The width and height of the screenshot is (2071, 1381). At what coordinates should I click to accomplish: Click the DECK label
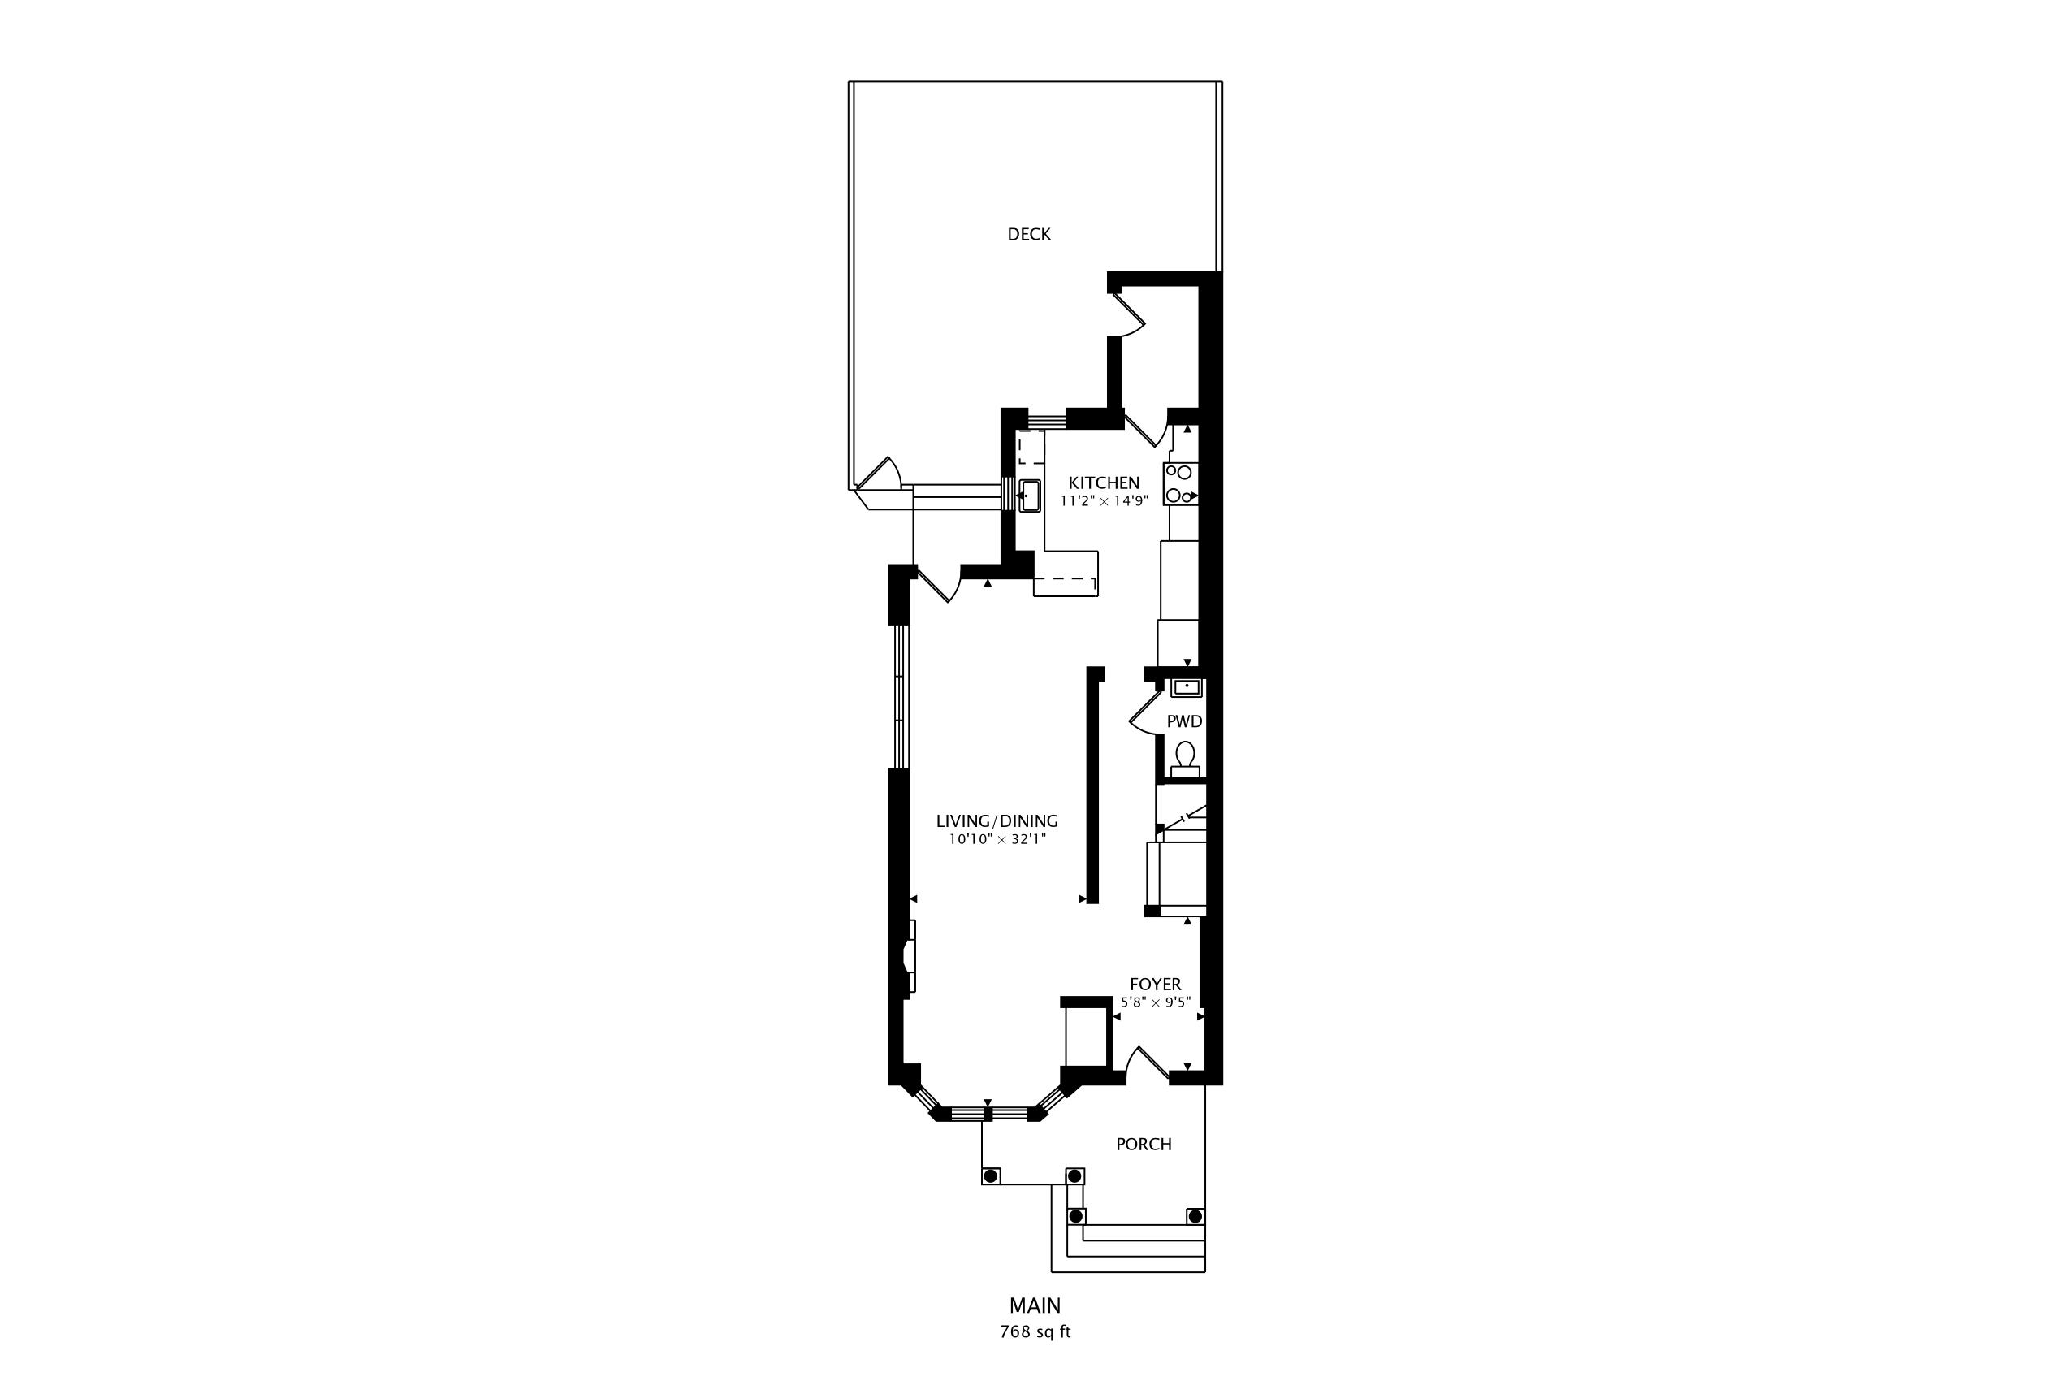coord(1028,234)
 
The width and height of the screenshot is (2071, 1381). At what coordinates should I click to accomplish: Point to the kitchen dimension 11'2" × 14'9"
coord(1105,501)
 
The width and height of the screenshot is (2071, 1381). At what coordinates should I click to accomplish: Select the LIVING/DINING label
coord(997,820)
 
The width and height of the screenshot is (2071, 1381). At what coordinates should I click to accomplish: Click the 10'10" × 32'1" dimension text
coord(997,839)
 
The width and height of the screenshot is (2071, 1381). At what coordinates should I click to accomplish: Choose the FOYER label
coord(1155,984)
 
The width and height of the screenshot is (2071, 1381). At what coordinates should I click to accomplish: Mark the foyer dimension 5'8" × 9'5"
coord(1155,1002)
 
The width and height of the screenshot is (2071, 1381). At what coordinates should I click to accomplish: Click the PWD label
coord(1184,721)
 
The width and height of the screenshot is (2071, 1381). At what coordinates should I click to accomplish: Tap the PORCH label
coord(1144,1144)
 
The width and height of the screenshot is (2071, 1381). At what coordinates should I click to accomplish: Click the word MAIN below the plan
coord(1035,1305)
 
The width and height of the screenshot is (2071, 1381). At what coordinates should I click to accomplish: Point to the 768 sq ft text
coord(1035,1331)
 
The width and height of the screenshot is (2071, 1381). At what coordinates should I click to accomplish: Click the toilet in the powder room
coord(1185,760)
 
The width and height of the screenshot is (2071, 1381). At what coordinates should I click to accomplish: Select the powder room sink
coord(1186,687)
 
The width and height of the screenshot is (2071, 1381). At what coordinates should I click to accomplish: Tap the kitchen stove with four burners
coord(1180,483)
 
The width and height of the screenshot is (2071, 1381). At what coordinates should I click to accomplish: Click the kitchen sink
coord(1029,496)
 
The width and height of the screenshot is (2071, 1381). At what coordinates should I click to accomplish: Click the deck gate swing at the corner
coord(880,473)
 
